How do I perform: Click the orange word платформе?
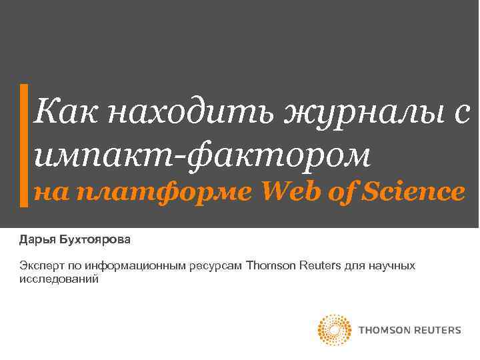167,193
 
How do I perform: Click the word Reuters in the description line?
319,267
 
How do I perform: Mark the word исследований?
59,279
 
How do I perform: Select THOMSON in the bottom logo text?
384,330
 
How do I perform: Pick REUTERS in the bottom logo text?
437,330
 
